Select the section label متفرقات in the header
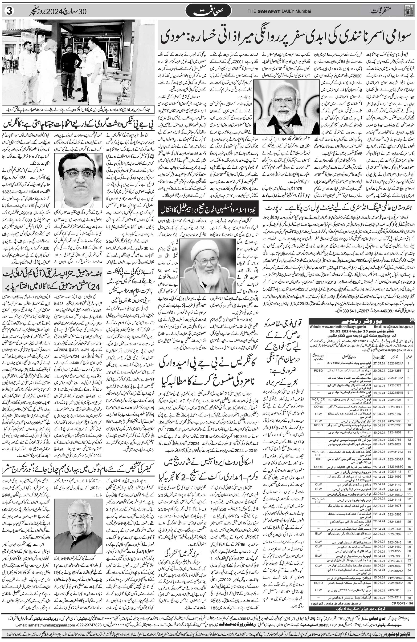[384, 11]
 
